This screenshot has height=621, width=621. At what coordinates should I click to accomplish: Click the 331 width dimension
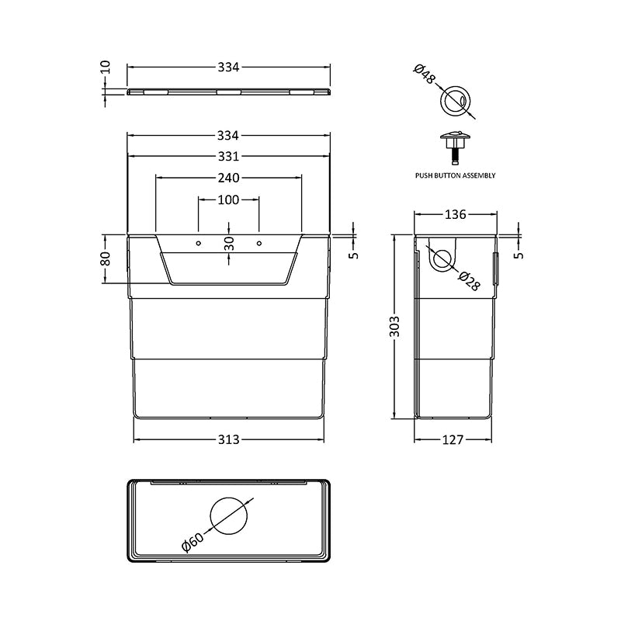[228, 154]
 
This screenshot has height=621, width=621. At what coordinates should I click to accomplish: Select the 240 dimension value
[228, 177]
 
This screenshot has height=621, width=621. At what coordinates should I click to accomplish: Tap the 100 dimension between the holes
[228, 200]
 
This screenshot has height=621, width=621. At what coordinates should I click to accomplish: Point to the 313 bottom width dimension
[228, 439]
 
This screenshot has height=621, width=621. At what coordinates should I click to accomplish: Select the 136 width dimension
[455, 214]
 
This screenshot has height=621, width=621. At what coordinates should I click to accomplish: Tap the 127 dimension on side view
[453, 439]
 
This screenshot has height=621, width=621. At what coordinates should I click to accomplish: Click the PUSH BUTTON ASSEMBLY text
[455, 176]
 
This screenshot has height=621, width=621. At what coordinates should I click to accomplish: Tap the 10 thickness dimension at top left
[106, 68]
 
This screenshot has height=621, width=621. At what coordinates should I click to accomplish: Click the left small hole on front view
[198, 244]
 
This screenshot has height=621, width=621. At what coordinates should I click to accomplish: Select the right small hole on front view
[258, 244]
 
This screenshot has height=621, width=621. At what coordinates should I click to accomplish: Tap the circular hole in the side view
[442, 260]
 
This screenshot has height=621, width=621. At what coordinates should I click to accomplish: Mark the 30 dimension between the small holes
[228, 244]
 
